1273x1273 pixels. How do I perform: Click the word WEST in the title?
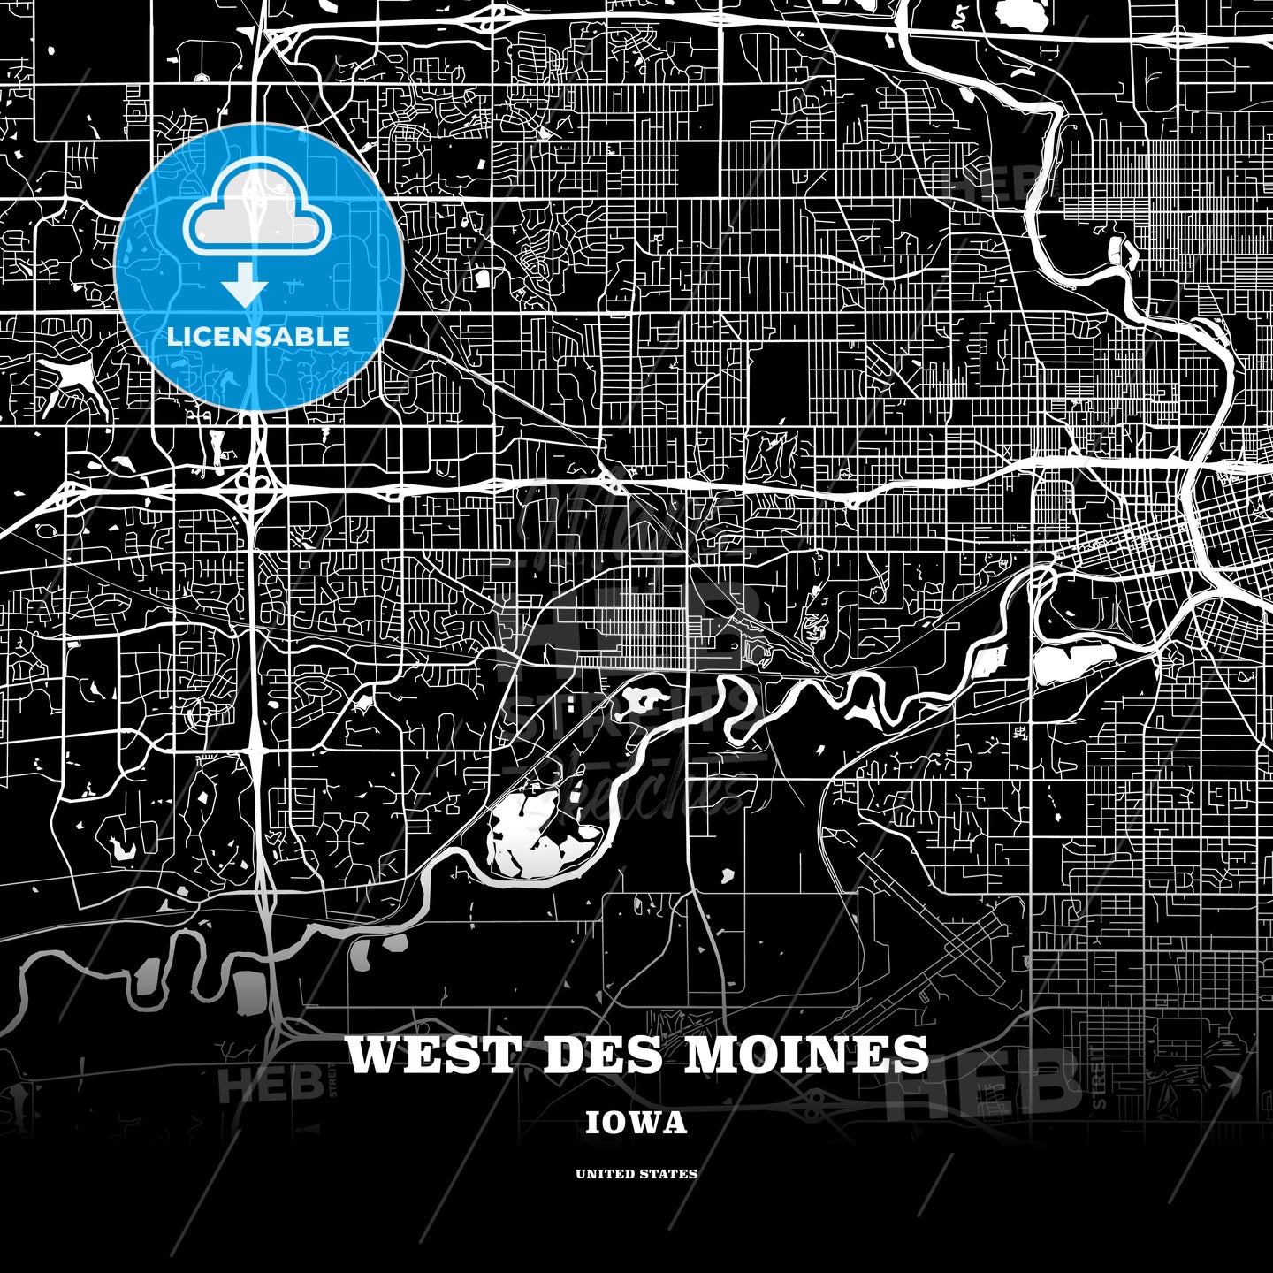tap(431, 1055)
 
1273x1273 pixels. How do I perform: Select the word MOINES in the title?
tap(806, 1055)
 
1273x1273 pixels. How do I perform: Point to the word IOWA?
tap(636, 1123)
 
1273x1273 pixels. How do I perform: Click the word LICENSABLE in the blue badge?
tap(258, 337)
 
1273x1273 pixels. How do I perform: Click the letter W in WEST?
tap(371, 1055)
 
